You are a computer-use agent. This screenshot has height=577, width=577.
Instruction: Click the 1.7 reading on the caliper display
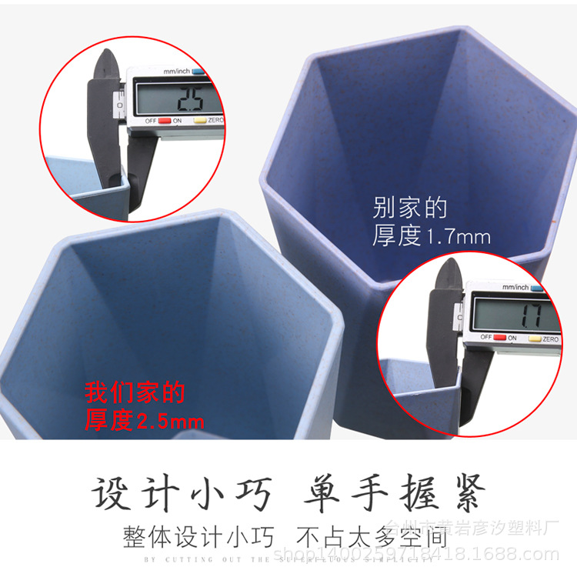point(529,315)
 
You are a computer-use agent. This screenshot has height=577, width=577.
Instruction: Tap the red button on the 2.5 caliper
point(164,121)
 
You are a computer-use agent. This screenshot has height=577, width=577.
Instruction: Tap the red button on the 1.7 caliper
point(501,337)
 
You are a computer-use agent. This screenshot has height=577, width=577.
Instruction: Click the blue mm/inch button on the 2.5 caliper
point(198,72)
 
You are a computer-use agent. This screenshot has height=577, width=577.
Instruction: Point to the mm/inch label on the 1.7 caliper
point(515,287)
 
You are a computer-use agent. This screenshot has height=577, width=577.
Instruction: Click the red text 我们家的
point(135,393)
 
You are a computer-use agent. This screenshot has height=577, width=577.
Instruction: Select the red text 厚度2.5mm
point(145,421)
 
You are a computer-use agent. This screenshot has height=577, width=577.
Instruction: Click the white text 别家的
point(410,208)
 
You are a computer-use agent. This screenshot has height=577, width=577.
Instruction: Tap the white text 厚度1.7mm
point(432,235)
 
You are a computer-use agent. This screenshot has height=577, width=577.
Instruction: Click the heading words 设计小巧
point(182,492)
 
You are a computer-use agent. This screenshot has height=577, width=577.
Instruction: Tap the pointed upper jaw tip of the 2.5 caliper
point(105,55)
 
